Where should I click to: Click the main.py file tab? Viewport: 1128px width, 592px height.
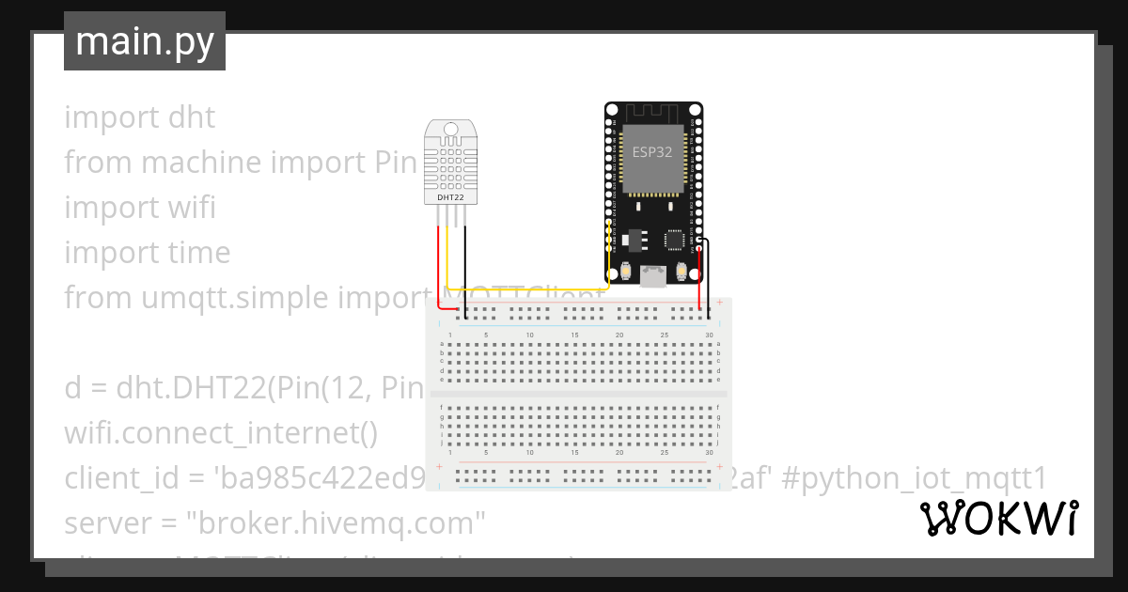(145, 41)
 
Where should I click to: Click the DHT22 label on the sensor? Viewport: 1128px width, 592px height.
(450, 197)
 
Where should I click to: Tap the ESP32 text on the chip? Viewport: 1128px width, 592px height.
(651, 153)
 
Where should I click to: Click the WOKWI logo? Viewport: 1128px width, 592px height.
(998, 519)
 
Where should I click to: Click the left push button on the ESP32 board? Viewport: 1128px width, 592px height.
(625, 272)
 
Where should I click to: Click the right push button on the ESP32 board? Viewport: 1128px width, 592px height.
(682, 272)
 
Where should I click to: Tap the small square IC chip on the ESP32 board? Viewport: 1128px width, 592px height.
(674, 240)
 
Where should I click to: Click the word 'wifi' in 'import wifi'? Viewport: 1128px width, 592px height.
(192, 208)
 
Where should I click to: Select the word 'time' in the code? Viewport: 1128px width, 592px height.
(198, 253)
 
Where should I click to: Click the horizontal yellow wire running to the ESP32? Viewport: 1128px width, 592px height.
(526, 289)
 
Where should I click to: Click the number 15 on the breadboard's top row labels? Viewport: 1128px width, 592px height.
(574, 335)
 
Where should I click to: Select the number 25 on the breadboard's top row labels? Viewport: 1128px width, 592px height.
(664, 335)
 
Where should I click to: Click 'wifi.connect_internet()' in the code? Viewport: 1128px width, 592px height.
(220, 434)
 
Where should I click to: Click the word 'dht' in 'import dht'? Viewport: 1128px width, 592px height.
(192, 117)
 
